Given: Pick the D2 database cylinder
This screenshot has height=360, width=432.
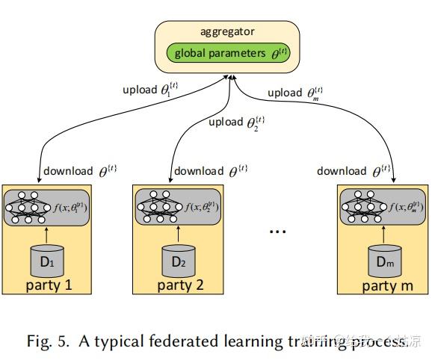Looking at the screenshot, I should tap(178, 262).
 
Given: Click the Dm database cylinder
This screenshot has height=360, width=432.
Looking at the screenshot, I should tap(383, 262).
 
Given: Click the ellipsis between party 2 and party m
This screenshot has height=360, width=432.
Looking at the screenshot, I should tap(279, 231).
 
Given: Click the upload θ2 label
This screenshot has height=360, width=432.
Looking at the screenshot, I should tap(236, 122).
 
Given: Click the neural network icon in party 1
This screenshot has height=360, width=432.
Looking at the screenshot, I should tap(25, 207).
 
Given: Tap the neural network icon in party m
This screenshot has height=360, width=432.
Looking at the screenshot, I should tap(360, 207).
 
